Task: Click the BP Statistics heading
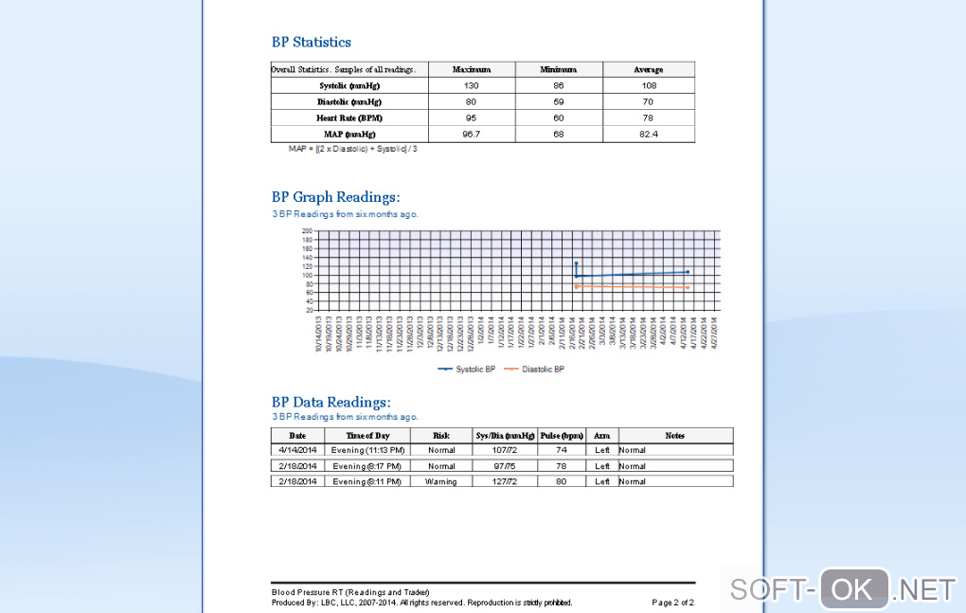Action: click(x=311, y=42)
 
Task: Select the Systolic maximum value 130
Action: click(x=471, y=85)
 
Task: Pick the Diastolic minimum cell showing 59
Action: click(x=558, y=101)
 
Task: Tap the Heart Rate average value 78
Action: click(x=648, y=117)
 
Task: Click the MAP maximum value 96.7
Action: click(x=471, y=135)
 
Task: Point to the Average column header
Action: click(x=648, y=69)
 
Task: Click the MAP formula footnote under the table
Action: click(x=352, y=149)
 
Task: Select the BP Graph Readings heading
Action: click(x=335, y=197)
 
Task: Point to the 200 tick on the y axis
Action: click(x=308, y=230)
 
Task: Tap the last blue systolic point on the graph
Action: click(x=688, y=272)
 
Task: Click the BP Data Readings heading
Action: click(x=331, y=402)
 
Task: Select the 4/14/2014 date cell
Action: click(x=297, y=450)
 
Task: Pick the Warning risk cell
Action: click(x=440, y=481)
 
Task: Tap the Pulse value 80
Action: click(x=561, y=481)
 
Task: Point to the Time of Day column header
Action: click(x=367, y=436)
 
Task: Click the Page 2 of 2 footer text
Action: click(x=672, y=603)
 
